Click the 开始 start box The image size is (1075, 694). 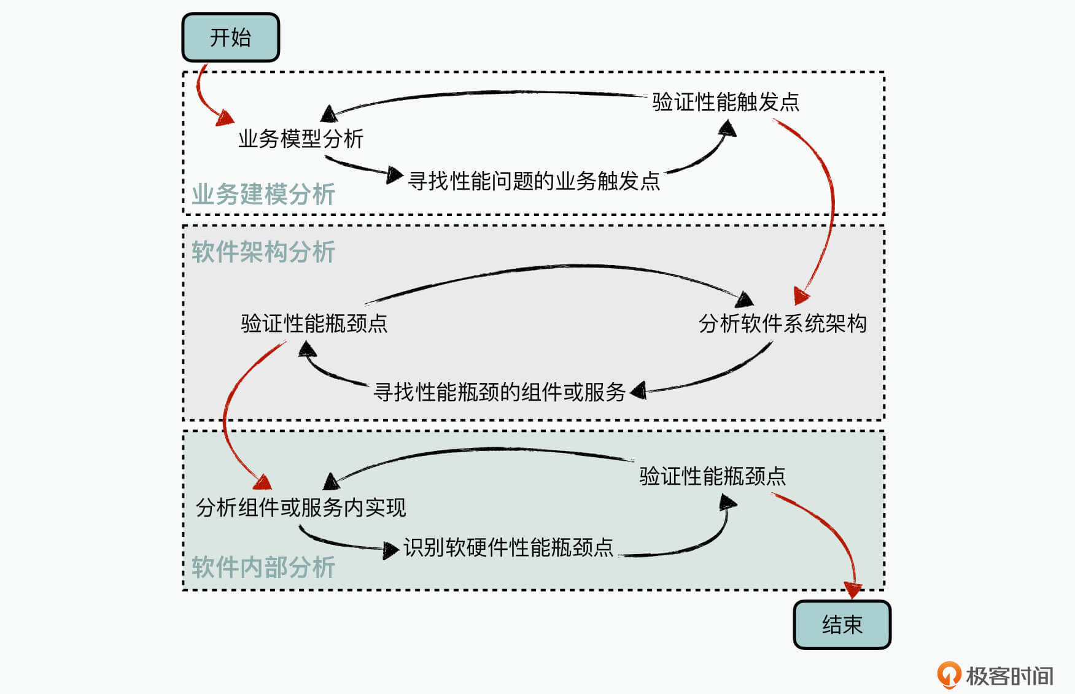click(x=230, y=37)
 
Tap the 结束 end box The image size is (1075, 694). click(x=842, y=625)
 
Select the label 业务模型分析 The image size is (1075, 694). click(x=301, y=139)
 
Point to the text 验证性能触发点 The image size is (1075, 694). click(x=725, y=102)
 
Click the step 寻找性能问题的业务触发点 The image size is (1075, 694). click(x=534, y=181)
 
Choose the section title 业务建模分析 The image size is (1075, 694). click(x=263, y=195)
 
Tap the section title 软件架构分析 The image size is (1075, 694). click(x=263, y=252)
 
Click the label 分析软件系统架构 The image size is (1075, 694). click(x=782, y=323)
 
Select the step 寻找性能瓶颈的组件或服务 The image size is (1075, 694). click(x=499, y=391)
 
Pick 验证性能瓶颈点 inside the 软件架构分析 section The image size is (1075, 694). click(x=314, y=323)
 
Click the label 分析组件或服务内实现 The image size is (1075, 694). click(x=301, y=507)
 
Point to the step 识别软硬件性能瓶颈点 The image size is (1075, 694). click(x=508, y=547)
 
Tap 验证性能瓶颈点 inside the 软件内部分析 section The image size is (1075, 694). click(x=712, y=476)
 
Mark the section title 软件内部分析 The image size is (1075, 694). click(x=263, y=567)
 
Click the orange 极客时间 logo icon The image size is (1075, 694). click(x=949, y=675)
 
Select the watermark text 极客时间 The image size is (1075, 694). click(x=1009, y=676)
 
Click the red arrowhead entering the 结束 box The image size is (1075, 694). click(x=853, y=590)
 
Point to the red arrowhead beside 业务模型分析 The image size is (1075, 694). click(x=225, y=118)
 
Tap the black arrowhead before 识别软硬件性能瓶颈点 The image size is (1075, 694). click(x=390, y=550)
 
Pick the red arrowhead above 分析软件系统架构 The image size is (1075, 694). click(x=801, y=296)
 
